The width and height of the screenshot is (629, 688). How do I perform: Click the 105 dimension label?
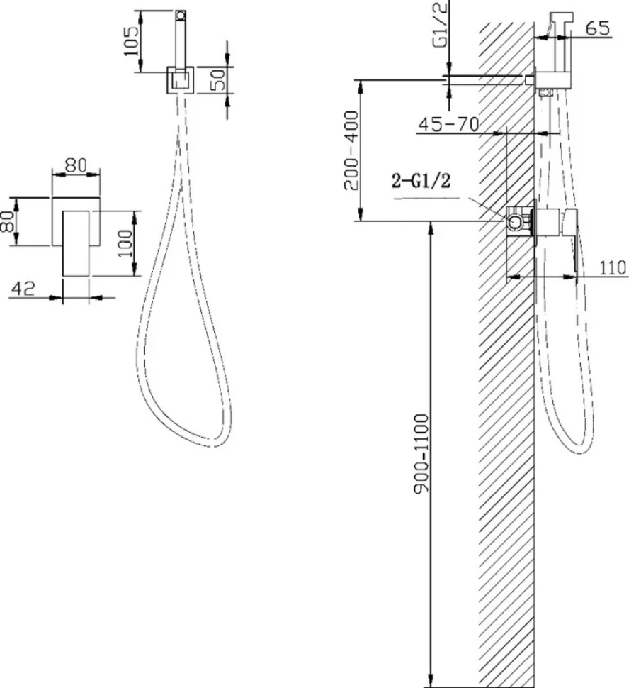[131, 41]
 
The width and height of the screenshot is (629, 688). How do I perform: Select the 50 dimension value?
[218, 79]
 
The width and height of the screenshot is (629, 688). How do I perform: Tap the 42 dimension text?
[23, 288]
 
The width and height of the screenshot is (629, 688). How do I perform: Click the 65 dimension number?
[597, 28]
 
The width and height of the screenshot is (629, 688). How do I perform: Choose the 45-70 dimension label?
[449, 124]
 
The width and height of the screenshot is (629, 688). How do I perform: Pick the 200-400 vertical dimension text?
[351, 150]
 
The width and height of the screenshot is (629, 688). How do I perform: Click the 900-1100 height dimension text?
[421, 454]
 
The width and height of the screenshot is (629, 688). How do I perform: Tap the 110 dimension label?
[613, 267]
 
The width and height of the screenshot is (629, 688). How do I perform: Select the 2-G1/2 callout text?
[421, 180]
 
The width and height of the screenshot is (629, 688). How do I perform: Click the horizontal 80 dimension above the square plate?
[76, 165]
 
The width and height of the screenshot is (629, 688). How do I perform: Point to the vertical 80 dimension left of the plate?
[8, 221]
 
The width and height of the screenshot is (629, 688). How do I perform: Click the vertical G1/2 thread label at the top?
[441, 24]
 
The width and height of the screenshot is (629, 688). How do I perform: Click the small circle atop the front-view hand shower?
[180, 16]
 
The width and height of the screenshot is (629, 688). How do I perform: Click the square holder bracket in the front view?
[180, 80]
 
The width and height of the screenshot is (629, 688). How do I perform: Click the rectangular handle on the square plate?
[76, 243]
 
